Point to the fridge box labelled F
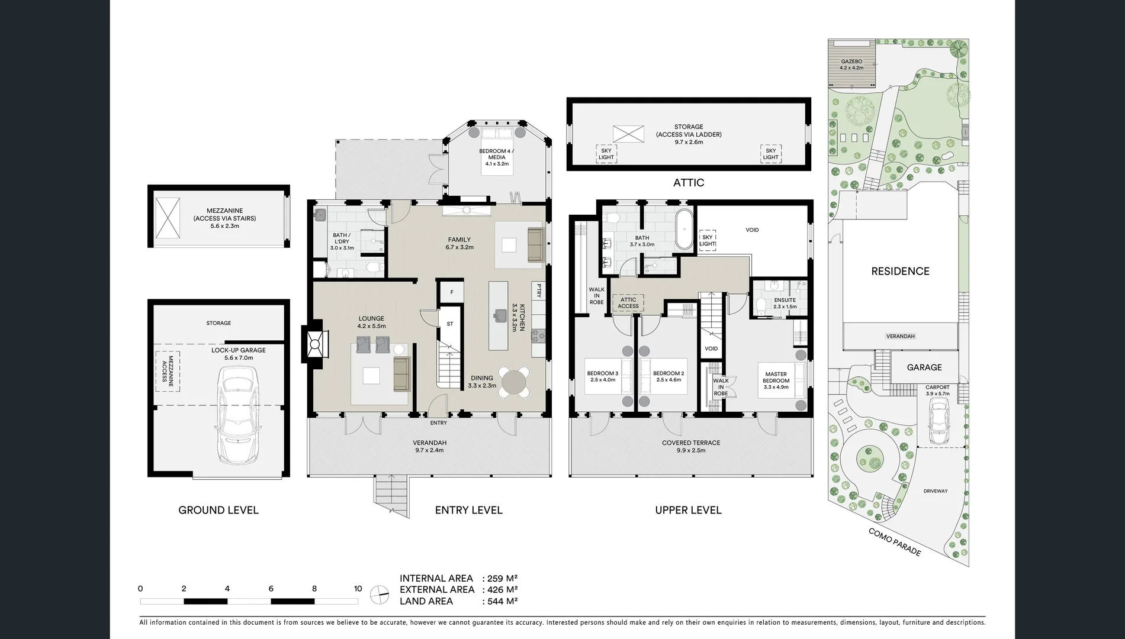click(x=452, y=292)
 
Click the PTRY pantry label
click(x=539, y=291)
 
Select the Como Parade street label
click(x=895, y=542)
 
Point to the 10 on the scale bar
click(x=358, y=589)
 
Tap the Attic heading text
click(x=689, y=183)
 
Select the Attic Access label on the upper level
click(x=628, y=303)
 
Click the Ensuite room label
click(x=785, y=303)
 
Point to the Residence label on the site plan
click(x=900, y=272)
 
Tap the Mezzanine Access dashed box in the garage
click(x=168, y=371)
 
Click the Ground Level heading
click(x=218, y=510)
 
